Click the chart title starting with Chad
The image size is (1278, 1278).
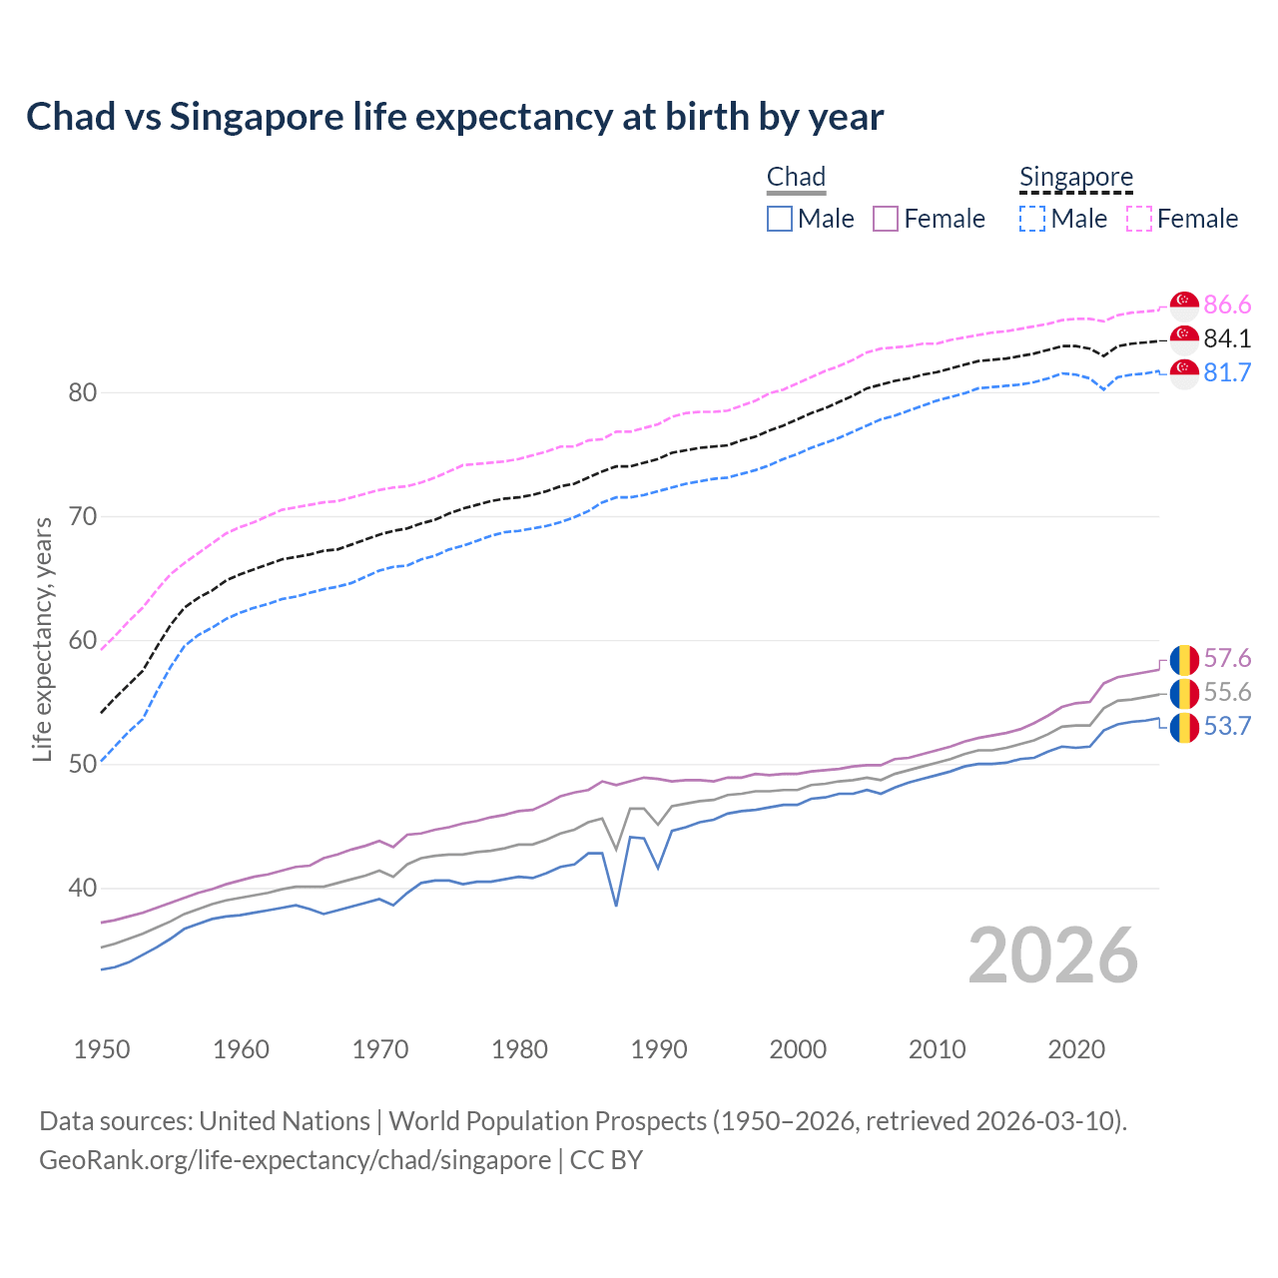pos(454,117)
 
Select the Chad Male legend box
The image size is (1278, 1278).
pos(780,219)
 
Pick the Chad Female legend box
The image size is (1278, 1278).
pos(886,219)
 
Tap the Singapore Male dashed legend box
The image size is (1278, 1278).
pos(1032,219)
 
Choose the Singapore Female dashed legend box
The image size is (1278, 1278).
pos(1139,219)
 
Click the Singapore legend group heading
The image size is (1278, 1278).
pos(1075,177)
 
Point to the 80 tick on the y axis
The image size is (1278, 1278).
pos(83,392)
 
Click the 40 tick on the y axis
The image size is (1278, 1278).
pos(83,888)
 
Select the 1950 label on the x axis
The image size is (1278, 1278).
pos(102,1049)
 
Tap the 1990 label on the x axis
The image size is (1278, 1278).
pos(659,1049)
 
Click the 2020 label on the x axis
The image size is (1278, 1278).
pos(1076,1049)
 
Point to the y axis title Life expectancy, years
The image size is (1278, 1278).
pos(43,639)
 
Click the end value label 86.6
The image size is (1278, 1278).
pos(1227,305)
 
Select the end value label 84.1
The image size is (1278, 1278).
pos(1227,338)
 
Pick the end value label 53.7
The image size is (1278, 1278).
pos(1227,726)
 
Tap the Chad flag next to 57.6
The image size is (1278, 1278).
pos(1184,659)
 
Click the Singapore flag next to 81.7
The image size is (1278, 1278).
pos(1184,373)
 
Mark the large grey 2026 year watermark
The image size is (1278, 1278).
pos(1053,956)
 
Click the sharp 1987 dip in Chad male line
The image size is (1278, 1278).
pos(616,905)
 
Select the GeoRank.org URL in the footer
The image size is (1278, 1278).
pos(295,1159)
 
